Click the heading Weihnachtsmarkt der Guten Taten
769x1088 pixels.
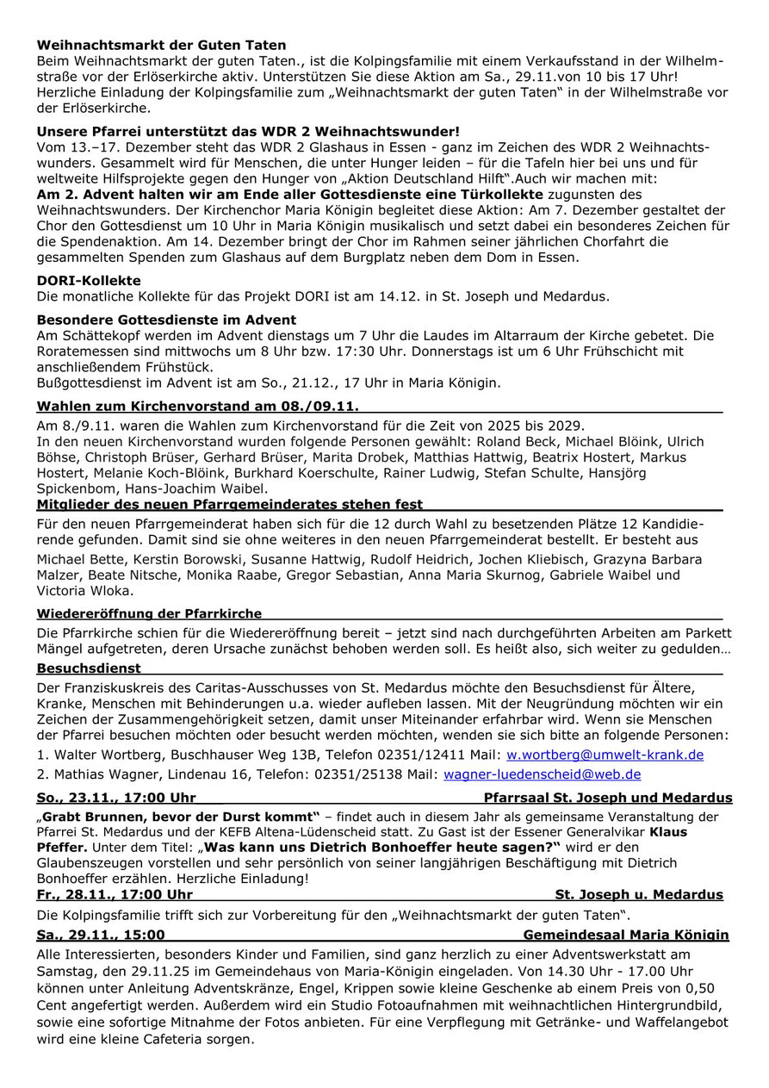pyautogui.click(x=161, y=45)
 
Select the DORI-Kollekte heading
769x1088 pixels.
pyautogui.click(x=89, y=281)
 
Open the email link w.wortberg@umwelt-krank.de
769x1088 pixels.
pyautogui.click(x=605, y=755)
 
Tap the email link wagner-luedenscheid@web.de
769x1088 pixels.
pyautogui.click(x=542, y=774)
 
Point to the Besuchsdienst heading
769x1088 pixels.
pyautogui.click(x=89, y=668)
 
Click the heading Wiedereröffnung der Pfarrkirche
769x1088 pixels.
pyautogui.click(x=149, y=613)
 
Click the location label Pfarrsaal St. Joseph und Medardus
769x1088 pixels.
pyautogui.click(x=608, y=798)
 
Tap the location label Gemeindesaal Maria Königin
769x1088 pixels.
pyautogui.click(x=625, y=935)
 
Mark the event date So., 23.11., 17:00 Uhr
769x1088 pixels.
pyautogui.click(x=116, y=798)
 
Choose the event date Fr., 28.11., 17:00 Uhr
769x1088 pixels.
pyautogui.click(x=115, y=894)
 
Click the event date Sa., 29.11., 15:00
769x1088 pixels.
pyautogui.click(x=101, y=935)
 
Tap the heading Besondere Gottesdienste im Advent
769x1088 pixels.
pyautogui.click(x=166, y=320)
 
